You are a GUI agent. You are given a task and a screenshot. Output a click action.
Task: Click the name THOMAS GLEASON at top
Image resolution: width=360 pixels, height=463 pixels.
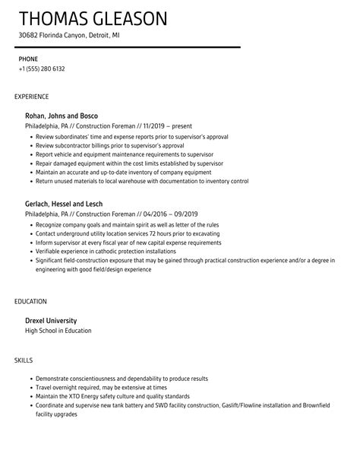[x=94, y=17]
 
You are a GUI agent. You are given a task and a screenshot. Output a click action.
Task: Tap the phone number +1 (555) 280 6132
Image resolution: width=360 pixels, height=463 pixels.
[x=42, y=68]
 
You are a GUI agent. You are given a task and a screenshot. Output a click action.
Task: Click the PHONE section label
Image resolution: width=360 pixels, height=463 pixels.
[x=28, y=59]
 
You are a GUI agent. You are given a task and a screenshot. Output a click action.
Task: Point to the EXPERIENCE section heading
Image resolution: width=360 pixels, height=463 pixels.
[x=32, y=97]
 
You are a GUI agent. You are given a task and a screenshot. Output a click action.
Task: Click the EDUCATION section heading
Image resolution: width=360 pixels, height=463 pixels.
[x=30, y=302]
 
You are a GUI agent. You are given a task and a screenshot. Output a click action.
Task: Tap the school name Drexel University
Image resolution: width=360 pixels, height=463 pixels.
[x=52, y=321]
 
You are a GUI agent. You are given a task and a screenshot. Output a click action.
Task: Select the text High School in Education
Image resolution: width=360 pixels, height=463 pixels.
[x=58, y=331]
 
